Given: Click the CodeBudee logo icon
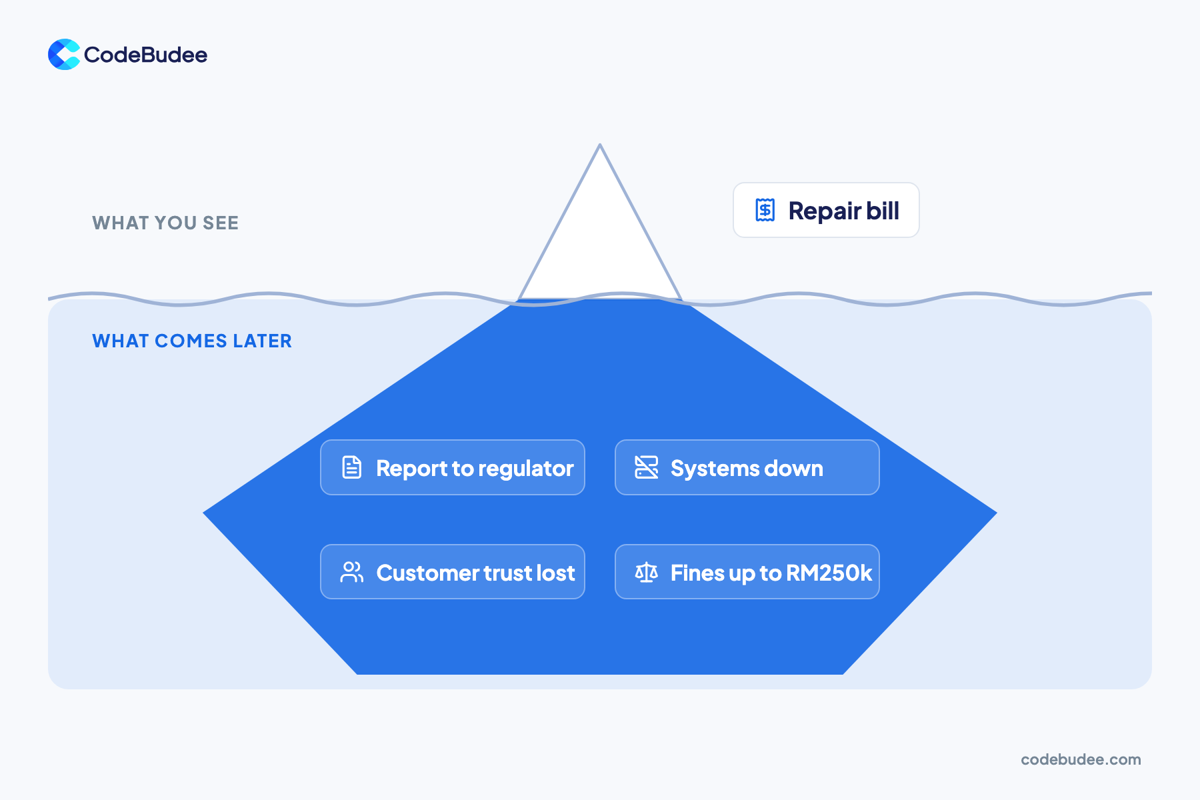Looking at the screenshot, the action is [x=64, y=55].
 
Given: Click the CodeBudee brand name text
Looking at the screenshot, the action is [x=145, y=55].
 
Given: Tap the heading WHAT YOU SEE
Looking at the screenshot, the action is [x=165, y=223].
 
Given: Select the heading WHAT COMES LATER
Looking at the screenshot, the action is [x=192, y=341].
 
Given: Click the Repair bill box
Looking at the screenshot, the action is [x=826, y=210].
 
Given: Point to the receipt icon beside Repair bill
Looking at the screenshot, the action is [x=765, y=210].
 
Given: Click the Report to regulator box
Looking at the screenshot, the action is [x=453, y=467].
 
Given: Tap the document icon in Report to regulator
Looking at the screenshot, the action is [x=352, y=467].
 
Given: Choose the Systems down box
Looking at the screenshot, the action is [x=747, y=467].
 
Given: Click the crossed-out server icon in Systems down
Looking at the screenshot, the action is [x=647, y=467].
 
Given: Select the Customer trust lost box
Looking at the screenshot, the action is [x=453, y=572].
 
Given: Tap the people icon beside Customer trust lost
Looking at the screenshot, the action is [x=352, y=572].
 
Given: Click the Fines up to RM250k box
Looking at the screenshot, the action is [x=747, y=572].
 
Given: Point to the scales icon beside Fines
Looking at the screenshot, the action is [x=647, y=572].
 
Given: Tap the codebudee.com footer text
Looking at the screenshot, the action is [x=1081, y=759].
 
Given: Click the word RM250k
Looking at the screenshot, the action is [x=829, y=573].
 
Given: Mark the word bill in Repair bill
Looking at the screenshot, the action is [x=883, y=211].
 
